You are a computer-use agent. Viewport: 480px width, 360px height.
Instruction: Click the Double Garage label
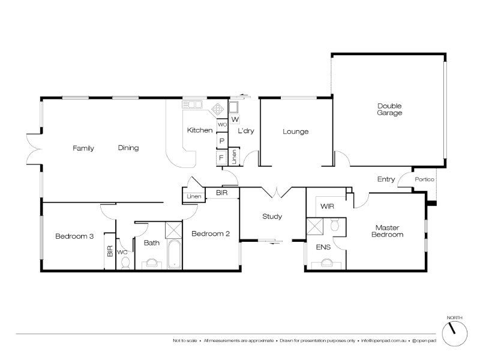[389, 109]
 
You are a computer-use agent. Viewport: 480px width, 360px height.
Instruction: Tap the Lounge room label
[295, 131]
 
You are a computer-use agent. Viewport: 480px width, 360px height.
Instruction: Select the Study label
[272, 217]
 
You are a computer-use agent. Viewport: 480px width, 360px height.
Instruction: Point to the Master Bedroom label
[387, 231]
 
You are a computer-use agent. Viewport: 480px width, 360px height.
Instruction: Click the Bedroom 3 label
[74, 236]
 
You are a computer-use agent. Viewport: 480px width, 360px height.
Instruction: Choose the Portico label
[425, 179]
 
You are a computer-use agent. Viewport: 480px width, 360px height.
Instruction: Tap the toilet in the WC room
[125, 263]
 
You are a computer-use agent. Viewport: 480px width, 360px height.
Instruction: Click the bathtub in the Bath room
[175, 254]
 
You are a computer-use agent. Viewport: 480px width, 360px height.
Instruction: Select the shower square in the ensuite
[314, 226]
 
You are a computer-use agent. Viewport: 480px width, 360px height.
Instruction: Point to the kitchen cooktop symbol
[218, 109]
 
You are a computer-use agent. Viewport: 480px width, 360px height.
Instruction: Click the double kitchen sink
[192, 104]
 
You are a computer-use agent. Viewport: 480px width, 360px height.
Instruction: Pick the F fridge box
[221, 158]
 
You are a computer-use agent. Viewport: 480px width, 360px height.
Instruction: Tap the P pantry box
[222, 141]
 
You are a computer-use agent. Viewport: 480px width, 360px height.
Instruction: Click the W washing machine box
[235, 119]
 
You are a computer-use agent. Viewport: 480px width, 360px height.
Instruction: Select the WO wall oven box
[222, 125]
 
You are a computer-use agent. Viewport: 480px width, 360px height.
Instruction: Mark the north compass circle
[455, 334]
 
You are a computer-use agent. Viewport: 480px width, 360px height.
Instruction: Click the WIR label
[327, 206]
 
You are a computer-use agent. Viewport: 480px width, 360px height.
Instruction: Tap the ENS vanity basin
[326, 263]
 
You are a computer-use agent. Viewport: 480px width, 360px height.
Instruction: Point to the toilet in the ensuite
[335, 224]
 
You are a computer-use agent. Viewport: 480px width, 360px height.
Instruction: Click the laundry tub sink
[235, 107]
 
